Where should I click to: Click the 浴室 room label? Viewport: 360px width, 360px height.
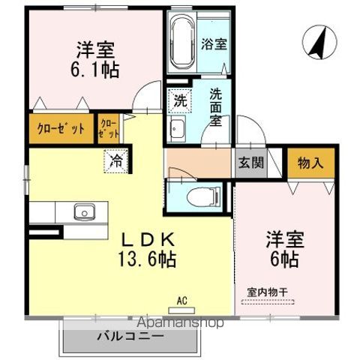(x=214, y=44)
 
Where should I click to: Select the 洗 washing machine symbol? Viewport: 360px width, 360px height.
(x=180, y=100)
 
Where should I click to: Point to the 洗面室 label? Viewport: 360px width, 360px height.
(x=216, y=107)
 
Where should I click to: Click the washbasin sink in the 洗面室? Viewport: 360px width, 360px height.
(x=178, y=128)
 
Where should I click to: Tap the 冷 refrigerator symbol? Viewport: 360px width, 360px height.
(x=116, y=159)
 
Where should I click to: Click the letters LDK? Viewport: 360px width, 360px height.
(x=149, y=240)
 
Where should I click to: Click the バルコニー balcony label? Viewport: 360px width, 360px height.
(x=129, y=337)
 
